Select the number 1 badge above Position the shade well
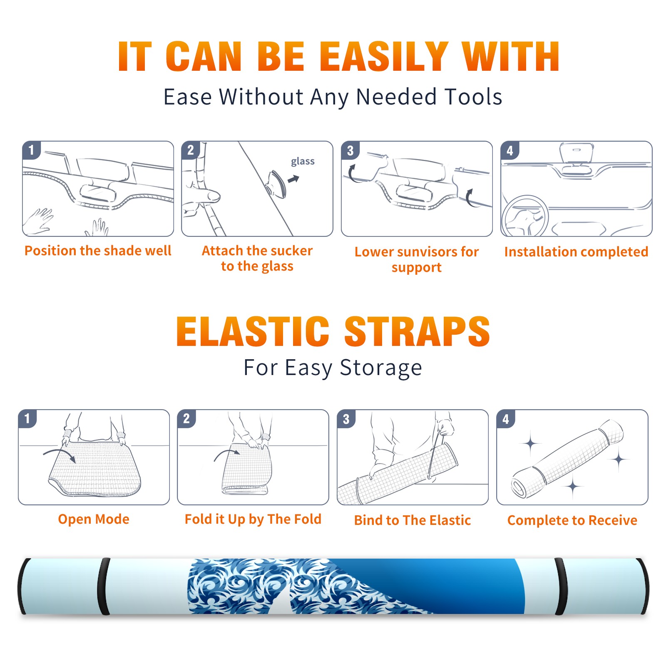(x=32, y=150)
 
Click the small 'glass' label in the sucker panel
(x=303, y=162)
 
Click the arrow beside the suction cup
(x=294, y=179)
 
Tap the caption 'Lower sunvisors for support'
(x=417, y=259)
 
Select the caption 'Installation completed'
(x=576, y=251)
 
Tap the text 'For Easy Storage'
(x=333, y=368)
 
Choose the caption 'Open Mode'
(x=94, y=519)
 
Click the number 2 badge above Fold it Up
(x=186, y=418)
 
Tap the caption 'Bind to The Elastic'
(x=413, y=520)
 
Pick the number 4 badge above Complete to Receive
(x=506, y=418)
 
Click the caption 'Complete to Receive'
(x=572, y=520)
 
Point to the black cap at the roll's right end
(x=643, y=586)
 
